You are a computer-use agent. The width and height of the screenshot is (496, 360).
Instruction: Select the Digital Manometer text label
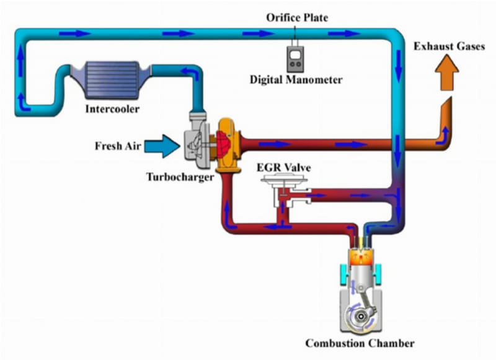[296, 80]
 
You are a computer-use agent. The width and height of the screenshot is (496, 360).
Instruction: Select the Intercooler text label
[113, 110]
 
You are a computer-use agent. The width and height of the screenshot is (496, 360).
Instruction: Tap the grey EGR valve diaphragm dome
[283, 181]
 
